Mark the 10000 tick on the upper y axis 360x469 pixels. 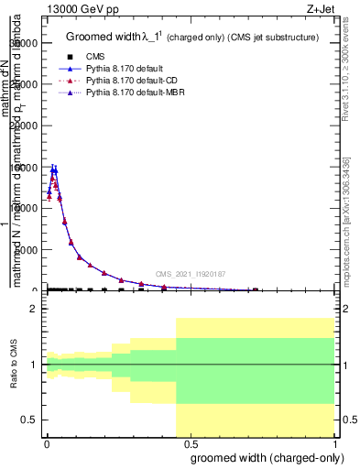27,208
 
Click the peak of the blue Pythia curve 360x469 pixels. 54,169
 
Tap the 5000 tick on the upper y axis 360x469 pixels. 28,249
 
